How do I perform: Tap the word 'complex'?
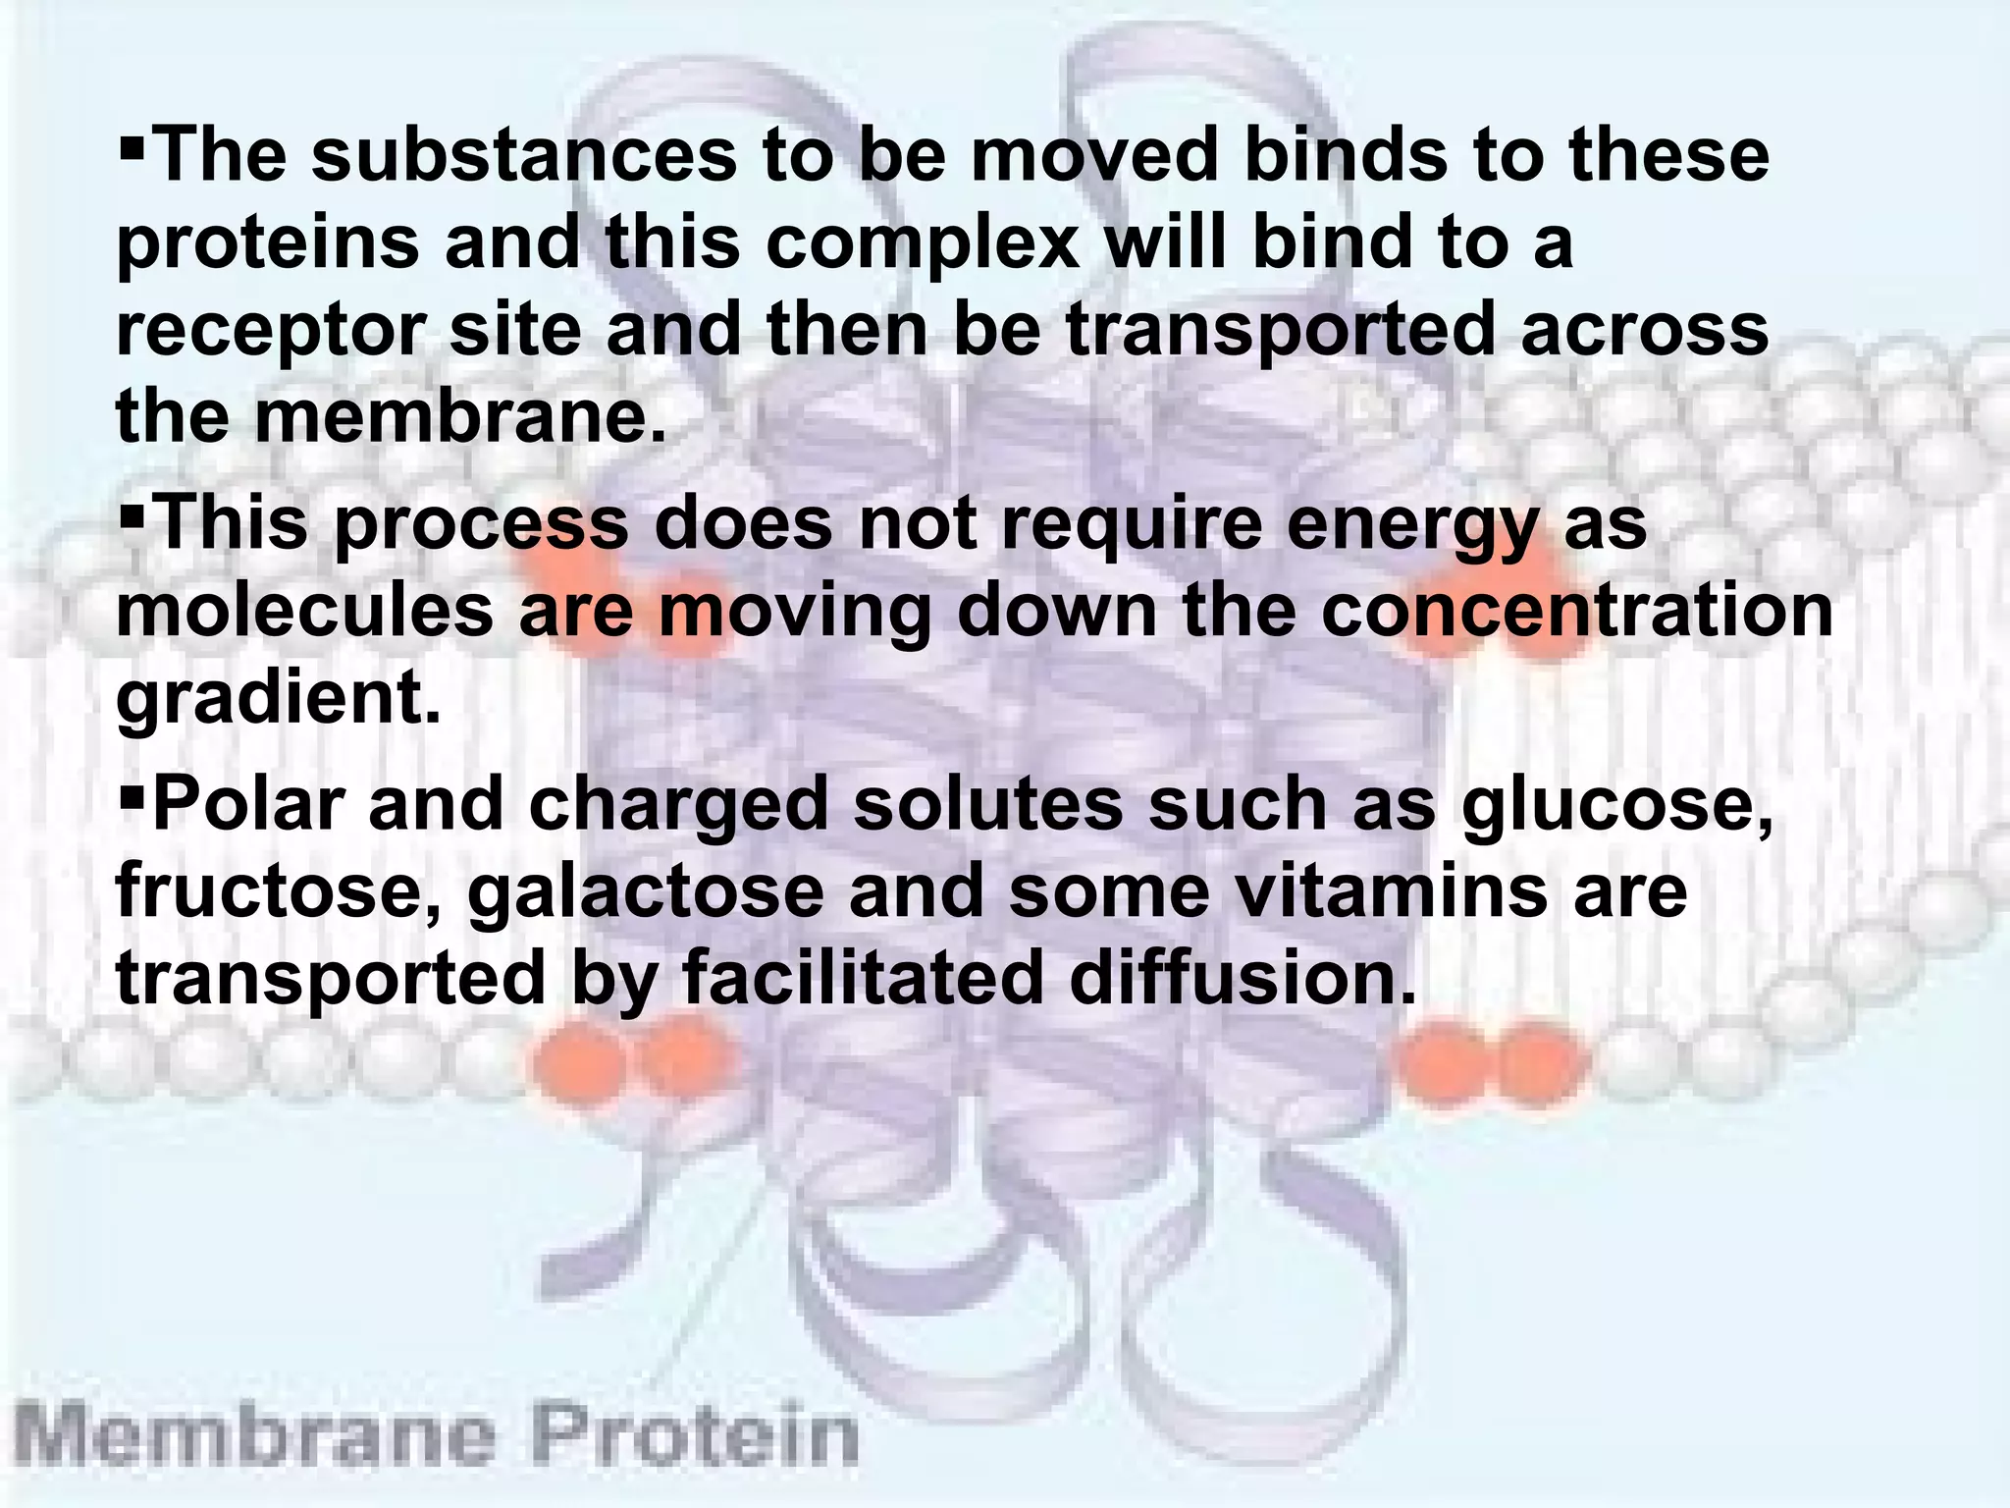(923, 243)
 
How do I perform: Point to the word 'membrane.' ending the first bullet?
(461, 417)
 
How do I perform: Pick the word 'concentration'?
(1577, 612)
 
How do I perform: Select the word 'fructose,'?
(279, 891)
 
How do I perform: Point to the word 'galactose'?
(645, 891)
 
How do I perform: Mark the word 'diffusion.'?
(1243, 978)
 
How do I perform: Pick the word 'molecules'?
(304, 612)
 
